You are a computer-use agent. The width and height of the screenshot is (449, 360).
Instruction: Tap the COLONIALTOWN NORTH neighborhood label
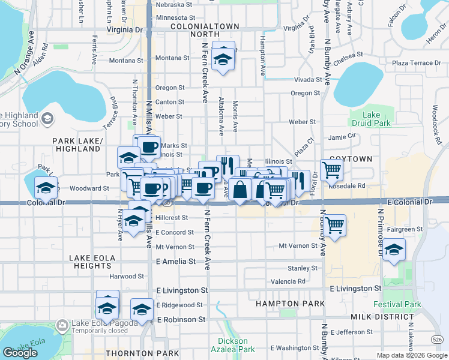(205, 31)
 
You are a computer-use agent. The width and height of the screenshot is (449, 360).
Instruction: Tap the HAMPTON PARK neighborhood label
(290, 304)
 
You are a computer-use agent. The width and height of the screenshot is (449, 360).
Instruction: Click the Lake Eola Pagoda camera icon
(62, 326)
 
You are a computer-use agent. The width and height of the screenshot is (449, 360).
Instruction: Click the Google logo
(20, 353)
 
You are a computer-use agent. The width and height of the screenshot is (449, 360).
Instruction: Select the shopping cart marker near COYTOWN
(331, 170)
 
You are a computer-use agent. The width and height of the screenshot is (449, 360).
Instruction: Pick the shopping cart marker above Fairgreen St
(334, 225)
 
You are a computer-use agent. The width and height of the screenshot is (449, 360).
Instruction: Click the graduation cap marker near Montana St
(223, 60)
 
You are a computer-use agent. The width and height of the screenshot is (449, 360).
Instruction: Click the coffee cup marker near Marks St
(149, 146)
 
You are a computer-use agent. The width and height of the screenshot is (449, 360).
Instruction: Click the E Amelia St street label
(176, 262)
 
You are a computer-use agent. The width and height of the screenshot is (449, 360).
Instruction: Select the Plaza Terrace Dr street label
(416, 63)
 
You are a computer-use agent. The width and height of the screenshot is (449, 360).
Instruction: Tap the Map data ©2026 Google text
(411, 355)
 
